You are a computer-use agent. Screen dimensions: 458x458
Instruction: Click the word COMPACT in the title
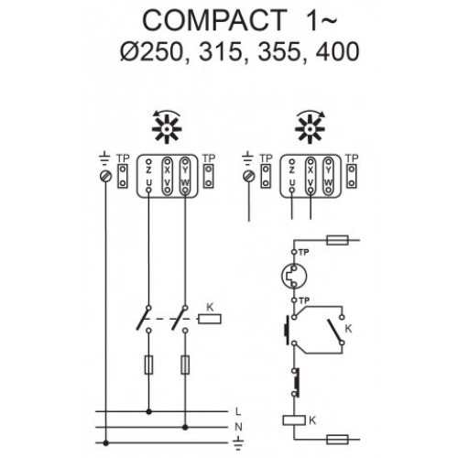[x=214, y=20]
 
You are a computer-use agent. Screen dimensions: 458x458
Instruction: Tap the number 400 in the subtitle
[x=337, y=51]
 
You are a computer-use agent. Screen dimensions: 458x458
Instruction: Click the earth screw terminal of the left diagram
[x=105, y=176]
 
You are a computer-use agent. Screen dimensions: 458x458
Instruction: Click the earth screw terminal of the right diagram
[x=248, y=176]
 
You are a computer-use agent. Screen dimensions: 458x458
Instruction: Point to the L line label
[x=238, y=411]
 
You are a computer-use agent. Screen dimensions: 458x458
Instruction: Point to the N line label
[x=238, y=427]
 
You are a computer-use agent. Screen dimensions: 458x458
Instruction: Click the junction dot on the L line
[x=148, y=411]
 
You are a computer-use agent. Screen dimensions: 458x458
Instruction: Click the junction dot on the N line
[x=185, y=427]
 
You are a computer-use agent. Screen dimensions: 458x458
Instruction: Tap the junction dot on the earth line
[x=105, y=442]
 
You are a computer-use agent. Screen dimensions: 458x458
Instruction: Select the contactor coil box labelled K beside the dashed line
[x=210, y=319]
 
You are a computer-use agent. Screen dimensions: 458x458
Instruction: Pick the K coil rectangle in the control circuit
[x=294, y=420]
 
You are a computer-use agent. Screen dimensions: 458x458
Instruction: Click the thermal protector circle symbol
[x=294, y=276]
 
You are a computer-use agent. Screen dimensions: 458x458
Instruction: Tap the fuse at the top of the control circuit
[x=337, y=240]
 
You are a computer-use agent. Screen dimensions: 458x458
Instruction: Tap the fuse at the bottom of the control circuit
[x=337, y=440]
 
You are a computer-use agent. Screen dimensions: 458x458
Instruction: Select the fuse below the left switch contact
[x=148, y=365]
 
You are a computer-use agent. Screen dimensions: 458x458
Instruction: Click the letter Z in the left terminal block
[x=148, y=170]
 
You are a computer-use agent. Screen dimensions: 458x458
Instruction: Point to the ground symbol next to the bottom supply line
[x=238, y=444]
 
